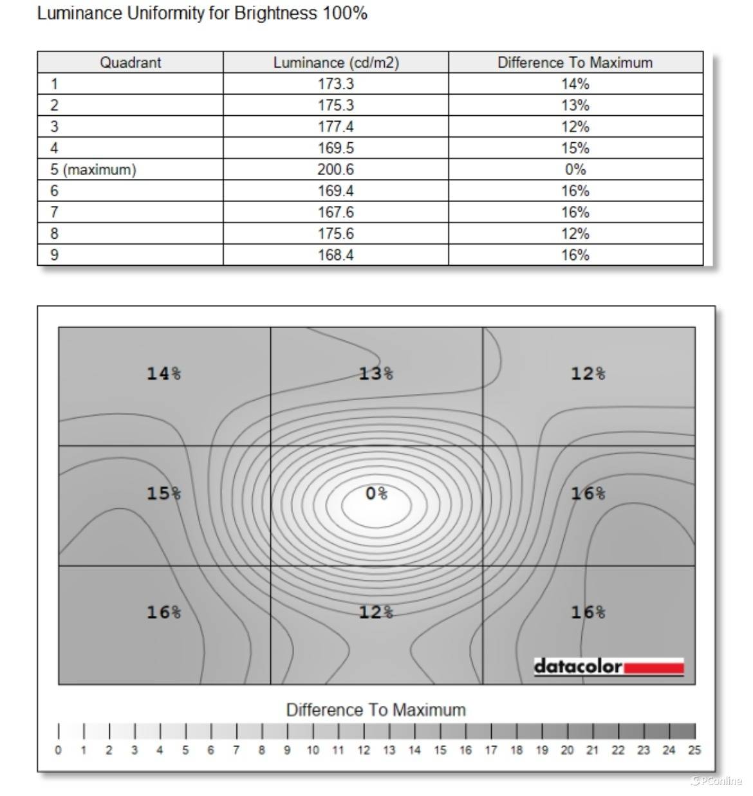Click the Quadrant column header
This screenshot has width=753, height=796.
pos(130,62)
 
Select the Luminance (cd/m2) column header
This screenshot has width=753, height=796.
pos(335,62)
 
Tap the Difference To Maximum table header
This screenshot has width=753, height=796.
pos(575,62)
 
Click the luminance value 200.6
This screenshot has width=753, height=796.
pos(335,169)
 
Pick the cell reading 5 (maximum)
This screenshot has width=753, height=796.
pos(94,169)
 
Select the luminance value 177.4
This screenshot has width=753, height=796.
pos(335,126)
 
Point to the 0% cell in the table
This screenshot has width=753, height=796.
pos(575,169)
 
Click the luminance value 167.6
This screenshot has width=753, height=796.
pos(335,212)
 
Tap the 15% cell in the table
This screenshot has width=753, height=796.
pos(575,148)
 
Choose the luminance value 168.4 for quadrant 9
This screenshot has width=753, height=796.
pos(335,255)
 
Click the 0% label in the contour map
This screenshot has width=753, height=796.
pos(376,494)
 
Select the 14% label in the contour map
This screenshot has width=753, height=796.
pos(163,373)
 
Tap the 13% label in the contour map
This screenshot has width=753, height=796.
pos(376,373)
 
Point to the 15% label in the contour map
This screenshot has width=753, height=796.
pos(163,494)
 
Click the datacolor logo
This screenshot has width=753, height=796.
pos(608,667)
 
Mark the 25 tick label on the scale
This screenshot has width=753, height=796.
pos(694,750)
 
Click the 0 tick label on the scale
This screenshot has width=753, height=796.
pos(59,750)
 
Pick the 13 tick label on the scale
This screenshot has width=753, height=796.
pos(389,750)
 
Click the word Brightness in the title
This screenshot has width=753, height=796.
pos(275,14)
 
